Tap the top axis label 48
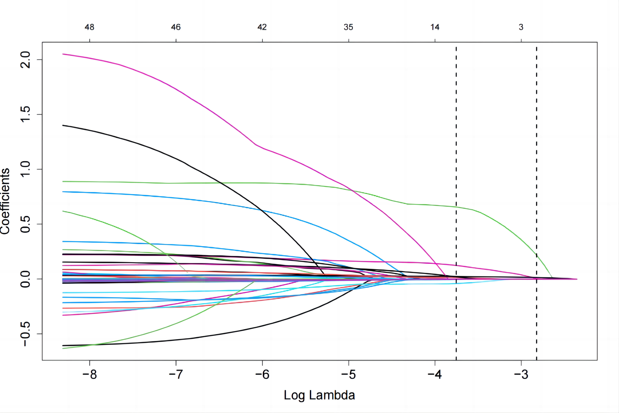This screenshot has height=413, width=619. [89, 27]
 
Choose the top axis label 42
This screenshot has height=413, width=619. [262, 27]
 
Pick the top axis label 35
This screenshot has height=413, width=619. [349, 27]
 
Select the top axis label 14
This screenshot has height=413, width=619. [435, 27]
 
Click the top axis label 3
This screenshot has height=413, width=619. [521, 27]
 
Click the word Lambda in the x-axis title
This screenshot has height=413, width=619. [332, 395]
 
